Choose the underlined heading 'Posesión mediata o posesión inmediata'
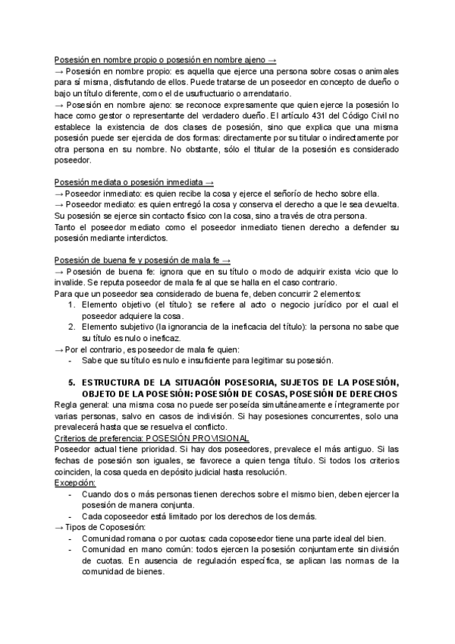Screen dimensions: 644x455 (x=130, y=183)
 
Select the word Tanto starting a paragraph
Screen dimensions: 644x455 (x=67, y=227)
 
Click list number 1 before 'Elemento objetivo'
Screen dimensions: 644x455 (x=71, y=304)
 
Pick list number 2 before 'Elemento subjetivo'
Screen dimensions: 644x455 (x=71, y=326)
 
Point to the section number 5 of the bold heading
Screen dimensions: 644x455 (x=71, y=381)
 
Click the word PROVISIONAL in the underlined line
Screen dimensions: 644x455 (x=209, y=438)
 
